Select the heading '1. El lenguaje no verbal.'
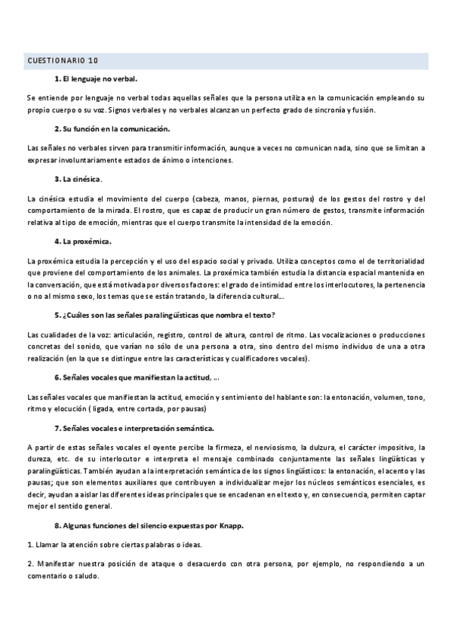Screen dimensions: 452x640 pos(96,78)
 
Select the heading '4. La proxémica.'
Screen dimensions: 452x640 pos(83,242)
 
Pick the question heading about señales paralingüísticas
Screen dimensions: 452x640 pos(175,315)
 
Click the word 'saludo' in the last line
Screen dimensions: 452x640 pos(85,573)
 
